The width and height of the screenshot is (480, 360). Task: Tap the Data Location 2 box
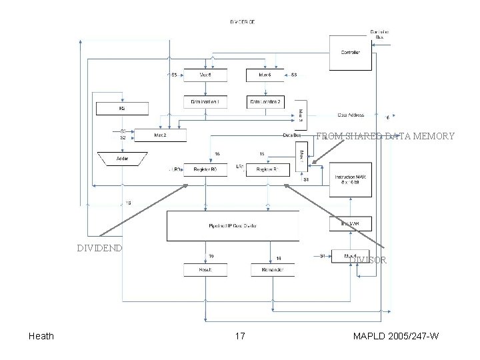(x=266, y=102)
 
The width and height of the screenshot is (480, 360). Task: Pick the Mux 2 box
(x=161, y=135)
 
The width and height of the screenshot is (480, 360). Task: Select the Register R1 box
(x=266, y=170)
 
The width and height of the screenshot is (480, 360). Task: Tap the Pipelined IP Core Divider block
(x=233, y=226)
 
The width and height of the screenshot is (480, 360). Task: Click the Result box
(x=205, y=269)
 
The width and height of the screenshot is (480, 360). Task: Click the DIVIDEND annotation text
(x=99, y=248)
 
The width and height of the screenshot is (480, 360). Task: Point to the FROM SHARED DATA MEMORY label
(x=385, y=136)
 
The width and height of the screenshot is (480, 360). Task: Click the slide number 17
(x=239, y=337)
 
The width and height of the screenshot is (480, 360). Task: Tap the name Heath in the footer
(x=42, y=337)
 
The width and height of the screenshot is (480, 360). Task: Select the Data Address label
(x=351, y=114)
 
